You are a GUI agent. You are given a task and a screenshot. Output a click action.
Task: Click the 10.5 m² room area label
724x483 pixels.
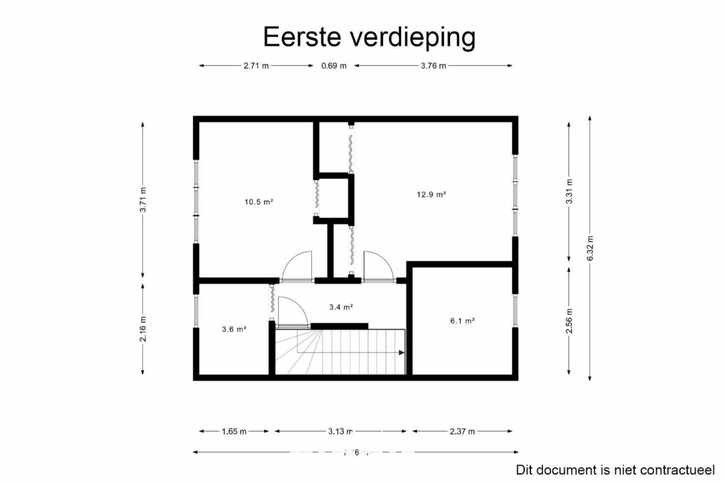(x=259, y=202)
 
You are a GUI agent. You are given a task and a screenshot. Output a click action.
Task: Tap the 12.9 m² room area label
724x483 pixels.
(x=431, y=195)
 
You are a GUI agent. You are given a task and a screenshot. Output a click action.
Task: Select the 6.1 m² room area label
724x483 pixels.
(x=462, y=321)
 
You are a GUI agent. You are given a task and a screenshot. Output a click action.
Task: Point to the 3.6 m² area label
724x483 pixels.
(x=234, y=329)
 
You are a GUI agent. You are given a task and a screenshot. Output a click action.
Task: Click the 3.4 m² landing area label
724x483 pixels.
(x=341, y=307)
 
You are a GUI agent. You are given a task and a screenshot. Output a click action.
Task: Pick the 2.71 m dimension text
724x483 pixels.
(x=256, y=66)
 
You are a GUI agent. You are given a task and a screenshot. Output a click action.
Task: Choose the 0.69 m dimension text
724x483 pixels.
(x=334, y=66)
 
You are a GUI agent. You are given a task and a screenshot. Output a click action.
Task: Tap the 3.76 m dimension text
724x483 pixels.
(x=433, y=66)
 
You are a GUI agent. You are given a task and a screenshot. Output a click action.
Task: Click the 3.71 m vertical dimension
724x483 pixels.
(x=143, y=200)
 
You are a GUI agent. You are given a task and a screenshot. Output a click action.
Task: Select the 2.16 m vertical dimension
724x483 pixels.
(x=143, y=329)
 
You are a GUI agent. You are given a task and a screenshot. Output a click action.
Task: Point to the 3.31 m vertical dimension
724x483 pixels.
(x=569, y=191)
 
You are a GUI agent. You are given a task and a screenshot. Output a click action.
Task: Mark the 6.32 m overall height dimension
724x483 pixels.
(x=590, y=248)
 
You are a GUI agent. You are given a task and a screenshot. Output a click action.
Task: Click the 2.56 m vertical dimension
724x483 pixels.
(x=569, y=321)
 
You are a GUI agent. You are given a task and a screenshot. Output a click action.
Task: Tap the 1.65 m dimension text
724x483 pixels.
(x=234, y=431)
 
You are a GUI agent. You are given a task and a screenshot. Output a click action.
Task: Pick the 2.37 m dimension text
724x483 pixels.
(x=462, y=431)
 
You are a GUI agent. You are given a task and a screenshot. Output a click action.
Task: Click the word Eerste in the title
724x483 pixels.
(x=302, y=37)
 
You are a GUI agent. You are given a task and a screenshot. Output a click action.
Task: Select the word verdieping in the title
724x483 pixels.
(x=413, y=38)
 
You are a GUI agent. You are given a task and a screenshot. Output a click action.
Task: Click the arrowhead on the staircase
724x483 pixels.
(x=401, y=353)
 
